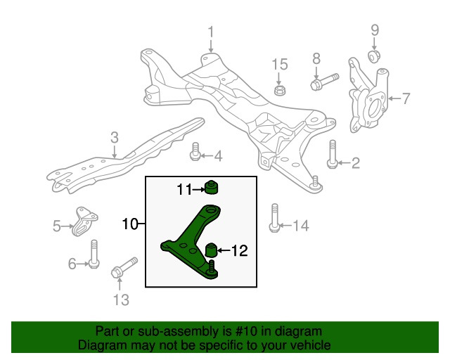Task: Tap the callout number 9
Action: point(375,30)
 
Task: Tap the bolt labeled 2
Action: point(333,155)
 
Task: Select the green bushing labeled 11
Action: point(209,188)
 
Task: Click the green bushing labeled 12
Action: point(209,250)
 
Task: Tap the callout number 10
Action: point(129,225)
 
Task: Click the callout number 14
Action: point(300,226)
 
